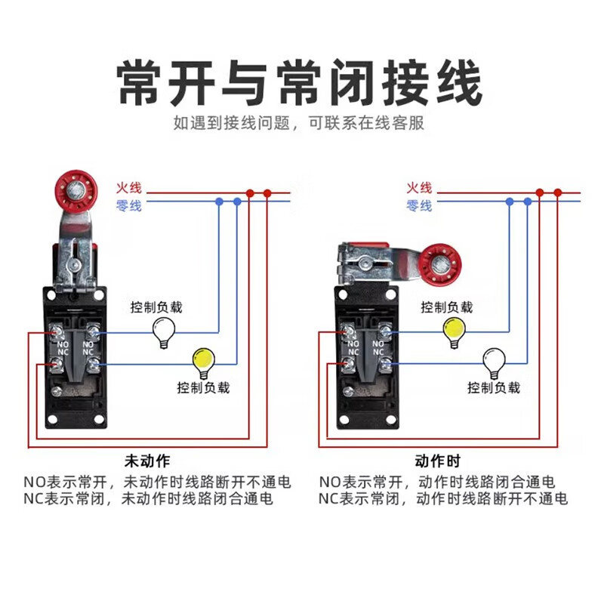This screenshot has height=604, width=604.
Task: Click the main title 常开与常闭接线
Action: tap(300, 82)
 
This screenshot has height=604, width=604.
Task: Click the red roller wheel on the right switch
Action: tap(438, 262)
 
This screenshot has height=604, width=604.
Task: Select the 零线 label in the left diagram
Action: tap(128, 205)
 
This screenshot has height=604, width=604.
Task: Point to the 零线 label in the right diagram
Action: tap(419, 205)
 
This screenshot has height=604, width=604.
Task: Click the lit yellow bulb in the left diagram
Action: tap(202, 362)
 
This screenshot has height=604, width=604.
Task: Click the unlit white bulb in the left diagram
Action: tap(163, 330)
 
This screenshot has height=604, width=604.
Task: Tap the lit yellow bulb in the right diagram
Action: tap(454, 330)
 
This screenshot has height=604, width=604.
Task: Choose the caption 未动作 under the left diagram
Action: tap(147, 461)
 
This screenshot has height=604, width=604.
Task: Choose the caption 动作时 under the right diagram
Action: tap(437, 461)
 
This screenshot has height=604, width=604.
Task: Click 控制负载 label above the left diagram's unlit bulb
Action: tap(156, 307)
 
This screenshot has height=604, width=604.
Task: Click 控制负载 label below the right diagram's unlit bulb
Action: tap(493, 387)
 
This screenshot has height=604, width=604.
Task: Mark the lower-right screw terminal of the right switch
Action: tap(385, 366)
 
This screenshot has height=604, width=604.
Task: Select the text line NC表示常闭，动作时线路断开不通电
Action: tap(443, 498)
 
